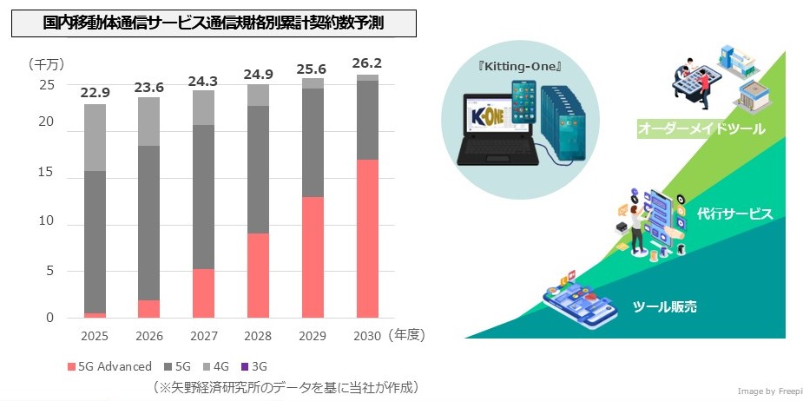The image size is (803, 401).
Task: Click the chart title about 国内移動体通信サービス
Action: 214,24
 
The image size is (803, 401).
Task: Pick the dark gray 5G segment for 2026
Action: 149,222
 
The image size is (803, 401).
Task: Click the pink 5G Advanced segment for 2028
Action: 258,276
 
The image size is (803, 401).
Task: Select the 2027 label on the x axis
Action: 203,334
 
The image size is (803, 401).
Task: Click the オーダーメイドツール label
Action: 701,129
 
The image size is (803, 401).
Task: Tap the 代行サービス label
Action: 734,214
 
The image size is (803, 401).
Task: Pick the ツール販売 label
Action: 665,306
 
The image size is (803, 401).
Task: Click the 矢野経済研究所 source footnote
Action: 286,386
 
